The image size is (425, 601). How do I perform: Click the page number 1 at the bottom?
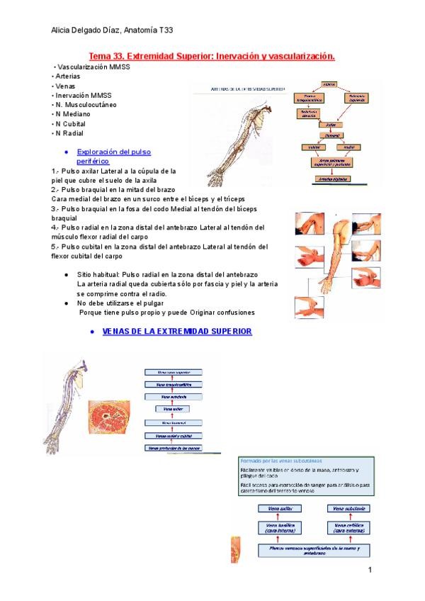click(x=369, y=570)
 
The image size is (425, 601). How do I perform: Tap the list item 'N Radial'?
click(x=69, y=133)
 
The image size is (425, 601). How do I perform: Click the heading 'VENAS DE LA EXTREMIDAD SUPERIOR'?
click(x=177, y=331)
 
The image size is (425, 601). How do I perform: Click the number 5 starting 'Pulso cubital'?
click(x=55, y=247)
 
